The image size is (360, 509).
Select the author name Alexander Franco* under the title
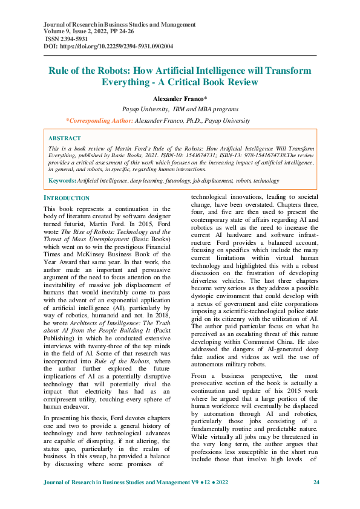[180, 98]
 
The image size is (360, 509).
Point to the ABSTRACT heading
[65, 138]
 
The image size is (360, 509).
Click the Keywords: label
[62, 180]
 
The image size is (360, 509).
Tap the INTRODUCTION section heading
[67, 198]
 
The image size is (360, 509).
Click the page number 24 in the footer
[316, 482]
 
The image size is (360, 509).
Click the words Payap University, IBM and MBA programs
[180, 109]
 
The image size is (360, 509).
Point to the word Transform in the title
[284, 71]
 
